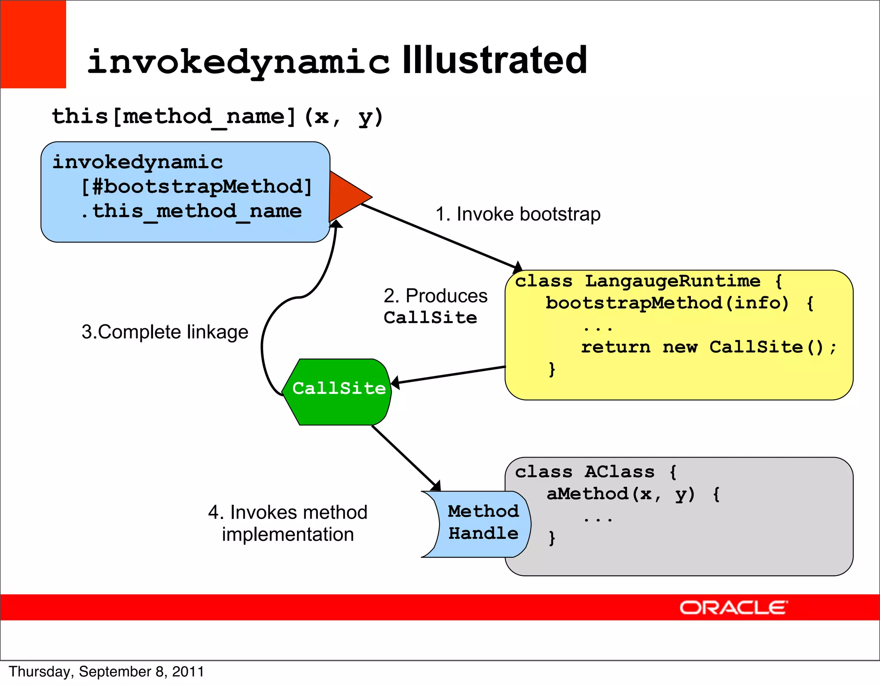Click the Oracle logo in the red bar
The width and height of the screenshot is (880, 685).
point(733,608)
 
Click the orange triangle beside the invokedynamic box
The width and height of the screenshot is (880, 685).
point(347,197)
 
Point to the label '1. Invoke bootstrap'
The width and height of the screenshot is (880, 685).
point(518,214)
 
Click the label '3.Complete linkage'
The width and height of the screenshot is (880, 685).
point(165,332)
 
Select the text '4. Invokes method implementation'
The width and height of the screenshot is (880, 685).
point(287,523)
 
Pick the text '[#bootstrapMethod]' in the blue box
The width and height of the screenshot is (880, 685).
point(196,187)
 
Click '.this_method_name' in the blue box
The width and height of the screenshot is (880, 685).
point(191,211)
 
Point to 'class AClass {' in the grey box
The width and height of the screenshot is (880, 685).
point(596,472)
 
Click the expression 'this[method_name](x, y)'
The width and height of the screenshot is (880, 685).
point(217,117)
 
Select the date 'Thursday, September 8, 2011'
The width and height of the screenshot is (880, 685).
point(106,671)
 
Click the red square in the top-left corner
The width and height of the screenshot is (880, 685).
point(33,44)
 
